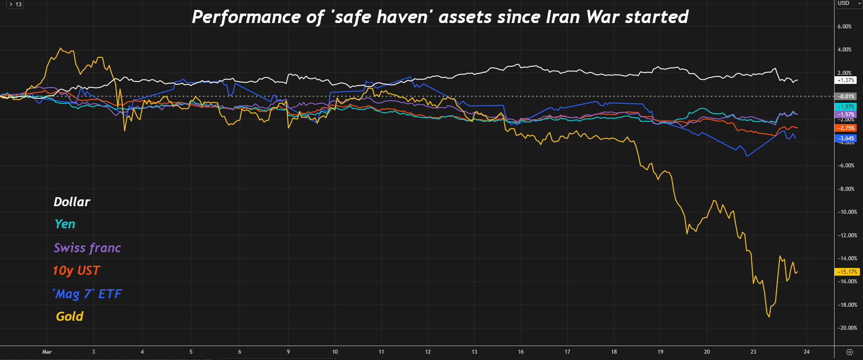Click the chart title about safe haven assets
(440, 17)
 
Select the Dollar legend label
(72, 202)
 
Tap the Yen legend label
(65, 224)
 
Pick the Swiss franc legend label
(87, 248)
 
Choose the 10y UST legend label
(76, 271)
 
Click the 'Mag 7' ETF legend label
(87, 294)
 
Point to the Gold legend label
(70, 316)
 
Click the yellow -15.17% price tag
(847, 272)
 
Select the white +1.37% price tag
(845, 80)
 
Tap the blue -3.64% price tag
(846, 138)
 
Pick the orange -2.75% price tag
(846, 128)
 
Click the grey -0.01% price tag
(846, 97)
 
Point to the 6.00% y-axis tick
(844, 27)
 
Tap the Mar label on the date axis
(47, 352)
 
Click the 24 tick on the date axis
(807, 352)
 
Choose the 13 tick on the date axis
(474, 352)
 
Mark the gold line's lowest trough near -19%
(769, 317)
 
